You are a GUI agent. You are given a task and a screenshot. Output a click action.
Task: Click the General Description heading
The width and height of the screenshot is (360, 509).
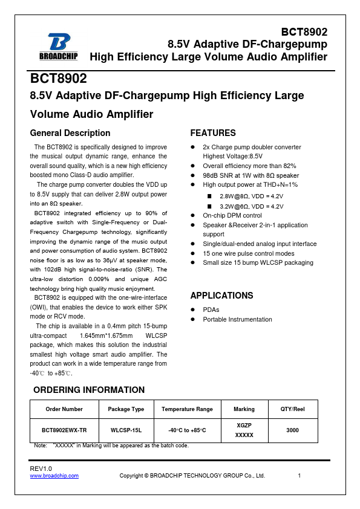point(70,133)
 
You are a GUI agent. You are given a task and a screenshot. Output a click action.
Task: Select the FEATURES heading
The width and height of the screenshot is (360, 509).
point(213,133)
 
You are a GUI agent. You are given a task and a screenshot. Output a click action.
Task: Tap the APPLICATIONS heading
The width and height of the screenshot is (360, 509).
point(221,296)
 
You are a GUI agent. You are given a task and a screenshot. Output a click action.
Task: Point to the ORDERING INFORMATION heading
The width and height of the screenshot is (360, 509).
point(89,390)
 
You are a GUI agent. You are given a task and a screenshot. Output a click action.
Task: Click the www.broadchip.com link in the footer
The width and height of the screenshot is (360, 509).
point(54,476)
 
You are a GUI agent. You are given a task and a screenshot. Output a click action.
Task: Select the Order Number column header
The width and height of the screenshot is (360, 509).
point(64,409)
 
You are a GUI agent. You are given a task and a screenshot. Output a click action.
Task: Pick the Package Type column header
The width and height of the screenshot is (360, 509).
point(126,409)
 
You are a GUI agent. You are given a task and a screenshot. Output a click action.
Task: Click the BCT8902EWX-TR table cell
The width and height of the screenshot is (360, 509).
point(64,430)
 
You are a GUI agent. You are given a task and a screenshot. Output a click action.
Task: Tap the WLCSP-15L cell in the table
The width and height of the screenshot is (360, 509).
point(126,430)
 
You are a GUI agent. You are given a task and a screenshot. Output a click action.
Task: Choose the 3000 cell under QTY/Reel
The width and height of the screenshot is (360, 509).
point(292,430)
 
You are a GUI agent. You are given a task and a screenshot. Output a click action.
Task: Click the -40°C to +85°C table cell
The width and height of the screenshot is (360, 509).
point(187,430)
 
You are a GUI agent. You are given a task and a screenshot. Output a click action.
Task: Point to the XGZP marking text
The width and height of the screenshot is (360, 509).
point(244,425)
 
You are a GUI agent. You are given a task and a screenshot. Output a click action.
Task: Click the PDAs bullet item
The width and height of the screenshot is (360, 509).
point(211,310)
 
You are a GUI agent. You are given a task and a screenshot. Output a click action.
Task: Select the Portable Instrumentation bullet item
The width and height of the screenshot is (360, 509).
point(237,319)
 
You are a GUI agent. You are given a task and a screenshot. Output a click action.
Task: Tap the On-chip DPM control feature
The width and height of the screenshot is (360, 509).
point(232,215)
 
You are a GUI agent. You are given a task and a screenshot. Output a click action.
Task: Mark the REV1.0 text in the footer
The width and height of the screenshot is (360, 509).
point(41,469)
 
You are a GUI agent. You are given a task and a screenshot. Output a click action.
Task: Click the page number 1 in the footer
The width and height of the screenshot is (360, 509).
point(299,476)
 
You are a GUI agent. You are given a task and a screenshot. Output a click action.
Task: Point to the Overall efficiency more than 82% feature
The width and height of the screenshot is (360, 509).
point(249,166)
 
